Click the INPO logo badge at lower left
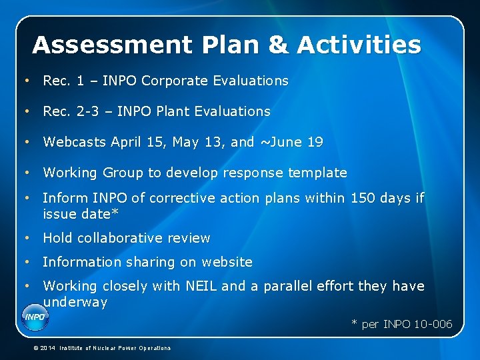(35, 317)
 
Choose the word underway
(75, 302)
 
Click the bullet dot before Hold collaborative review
(26, 238)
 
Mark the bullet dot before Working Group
(26, 173)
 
